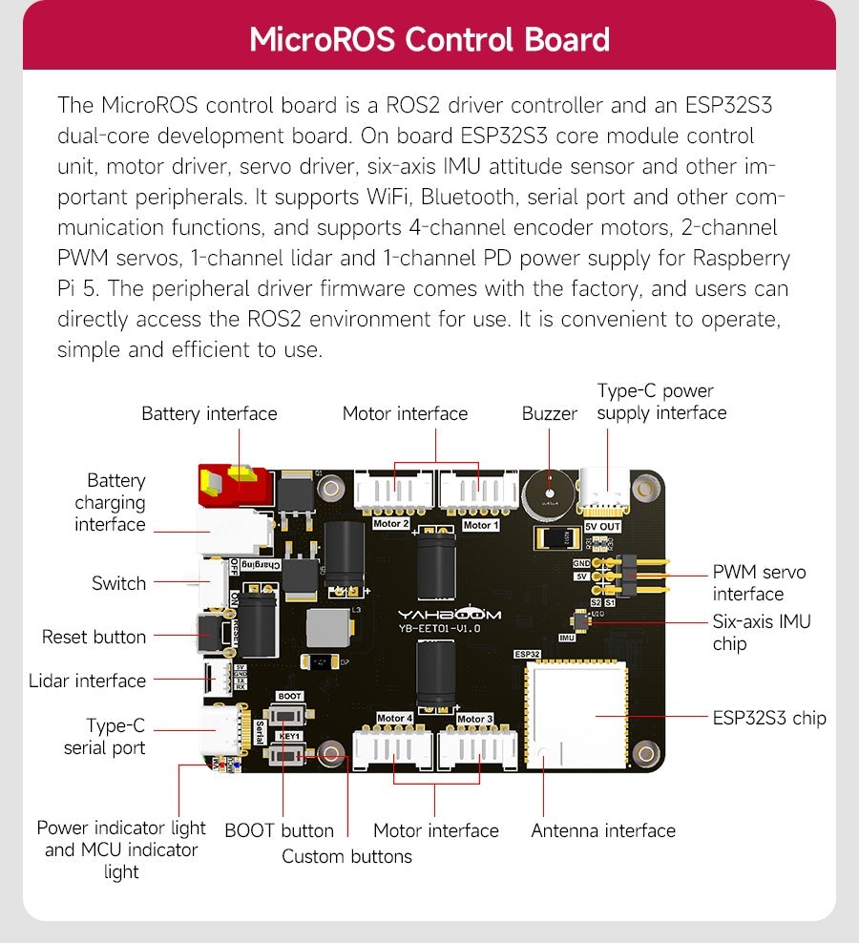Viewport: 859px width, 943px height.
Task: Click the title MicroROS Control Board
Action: coord(429,41)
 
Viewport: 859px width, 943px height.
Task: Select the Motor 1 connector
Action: coord(479,494)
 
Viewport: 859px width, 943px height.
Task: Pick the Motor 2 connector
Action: coord(393,494)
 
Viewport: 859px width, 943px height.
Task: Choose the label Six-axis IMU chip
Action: coord(761,633)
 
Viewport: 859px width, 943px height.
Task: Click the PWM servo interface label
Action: coord(759,583)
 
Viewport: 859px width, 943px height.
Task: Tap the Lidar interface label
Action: coord(87,681)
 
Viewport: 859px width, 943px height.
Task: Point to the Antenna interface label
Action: coord(602,831)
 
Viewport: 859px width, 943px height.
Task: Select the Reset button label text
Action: coord(94,637)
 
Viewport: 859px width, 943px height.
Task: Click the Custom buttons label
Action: coord(346,856)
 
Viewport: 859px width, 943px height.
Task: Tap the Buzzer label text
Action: coord(549,413)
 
